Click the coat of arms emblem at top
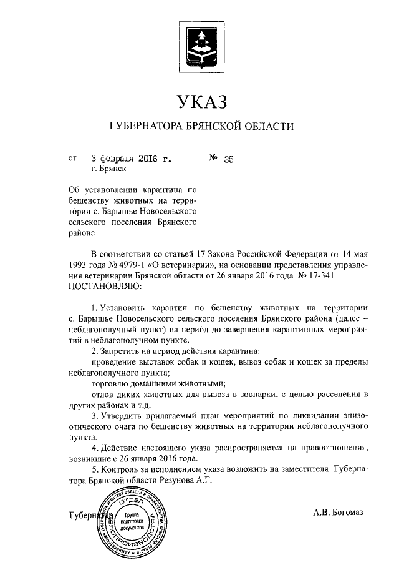[200, 44]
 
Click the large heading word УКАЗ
[199, 101]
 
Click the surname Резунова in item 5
[177, 481]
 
